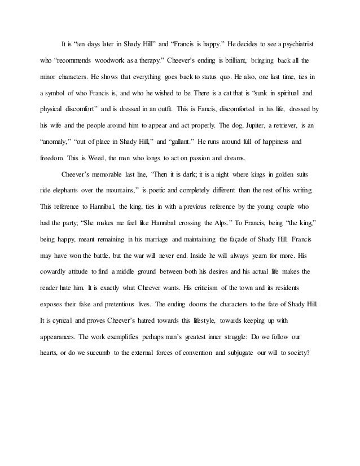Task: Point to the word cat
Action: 251,91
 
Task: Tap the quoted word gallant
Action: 175,140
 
